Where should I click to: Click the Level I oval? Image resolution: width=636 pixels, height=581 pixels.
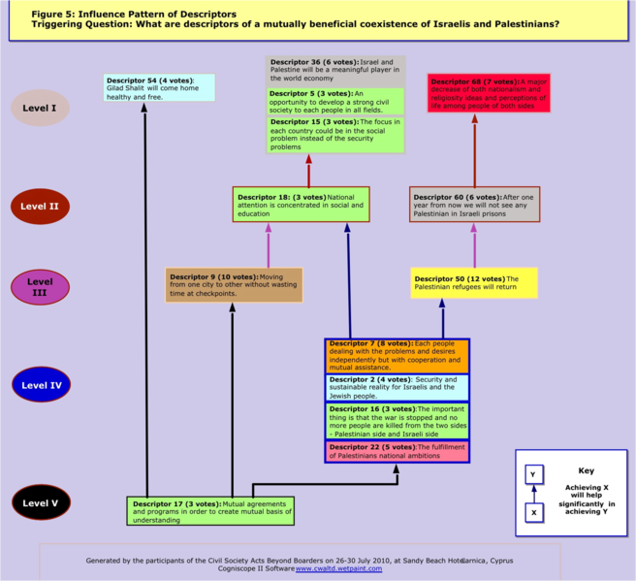pos(40,108)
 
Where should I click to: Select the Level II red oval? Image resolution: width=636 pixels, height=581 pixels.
pos(40,207)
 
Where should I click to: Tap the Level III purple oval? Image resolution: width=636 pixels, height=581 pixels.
pos(40,287)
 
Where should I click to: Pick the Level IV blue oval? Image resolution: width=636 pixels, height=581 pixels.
pos(42,385)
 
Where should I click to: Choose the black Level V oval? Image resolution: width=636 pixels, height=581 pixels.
pos(40,503)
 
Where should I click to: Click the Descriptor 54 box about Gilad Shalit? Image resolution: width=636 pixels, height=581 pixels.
pos(159,86)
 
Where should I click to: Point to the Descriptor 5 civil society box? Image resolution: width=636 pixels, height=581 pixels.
pos(335,101)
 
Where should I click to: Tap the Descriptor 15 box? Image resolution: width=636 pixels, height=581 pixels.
pos(335,134)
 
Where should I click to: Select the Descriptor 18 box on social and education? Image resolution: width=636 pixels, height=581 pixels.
pos(302,205)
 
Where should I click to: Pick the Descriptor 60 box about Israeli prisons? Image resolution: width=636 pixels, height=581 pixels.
pos(474,204)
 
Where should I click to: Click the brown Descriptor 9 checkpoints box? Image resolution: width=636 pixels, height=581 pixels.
pos(234,284)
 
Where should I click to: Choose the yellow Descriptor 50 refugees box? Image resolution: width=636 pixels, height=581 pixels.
pos(473,283)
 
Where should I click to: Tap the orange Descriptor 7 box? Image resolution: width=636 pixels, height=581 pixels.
pos(397,356)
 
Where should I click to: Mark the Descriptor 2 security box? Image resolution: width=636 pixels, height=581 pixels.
pos(397,388)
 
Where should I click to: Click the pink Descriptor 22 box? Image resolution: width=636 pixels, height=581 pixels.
pos(397,451)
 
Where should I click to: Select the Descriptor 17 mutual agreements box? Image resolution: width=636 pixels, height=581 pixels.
pos(209,511)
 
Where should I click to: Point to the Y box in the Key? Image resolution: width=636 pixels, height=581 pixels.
pos(533,474)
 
